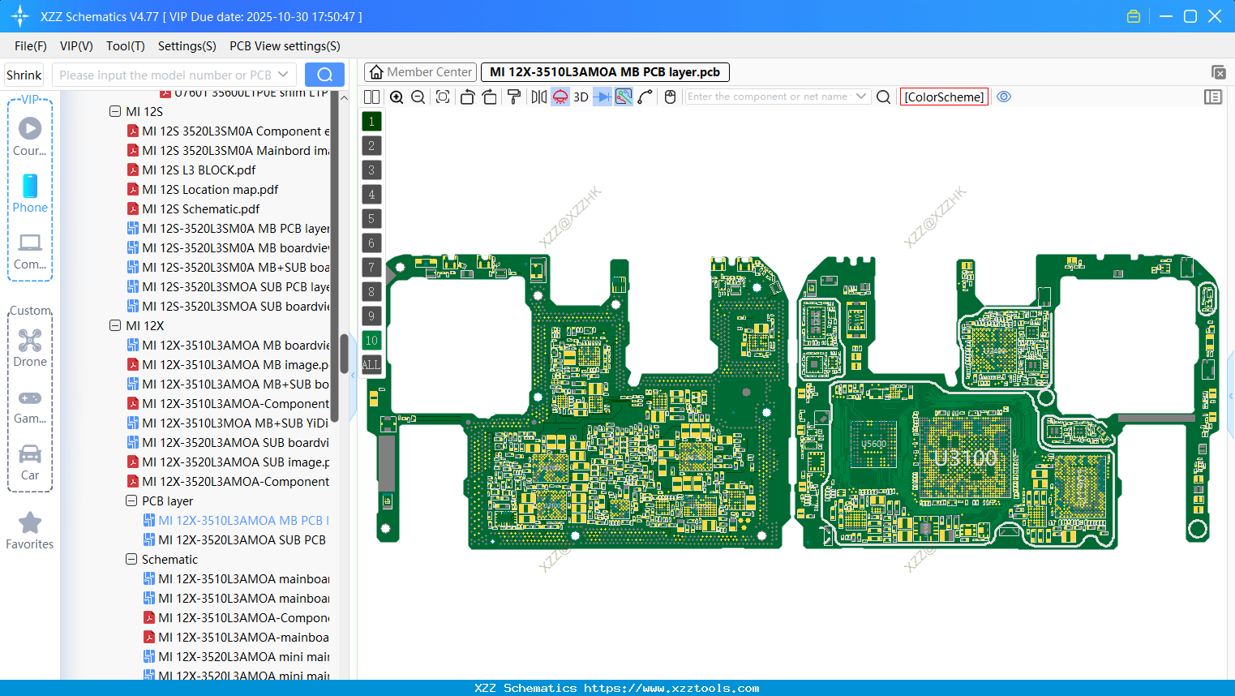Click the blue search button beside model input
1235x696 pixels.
(324, 75)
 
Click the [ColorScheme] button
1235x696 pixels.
(944, 97)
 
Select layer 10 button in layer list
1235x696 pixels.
(371, 341)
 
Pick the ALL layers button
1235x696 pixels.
(371, 365)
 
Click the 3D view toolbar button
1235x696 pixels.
(581, 97)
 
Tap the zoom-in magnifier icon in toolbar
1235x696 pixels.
(397, 97)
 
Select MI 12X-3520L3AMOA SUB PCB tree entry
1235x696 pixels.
(242, 540)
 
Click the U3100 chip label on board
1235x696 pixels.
(965, 458)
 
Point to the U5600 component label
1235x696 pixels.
(873, 444)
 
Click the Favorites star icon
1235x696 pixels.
(30, 523)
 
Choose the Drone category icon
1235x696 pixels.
(30, 341)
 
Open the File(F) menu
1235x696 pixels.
(31, 46)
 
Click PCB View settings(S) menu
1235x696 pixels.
(285, 46)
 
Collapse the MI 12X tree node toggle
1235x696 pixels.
(115, 326)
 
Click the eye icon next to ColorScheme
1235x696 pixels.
(1004, 97)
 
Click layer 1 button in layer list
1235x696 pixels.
(371, 122)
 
